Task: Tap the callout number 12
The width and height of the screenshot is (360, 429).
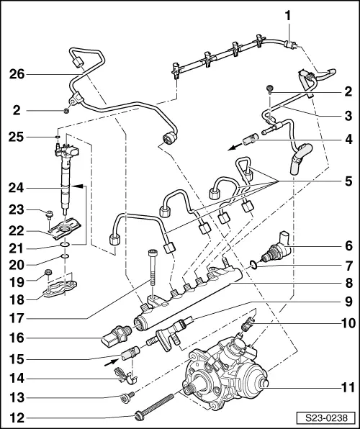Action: pyautogui.click(x=17, y=415)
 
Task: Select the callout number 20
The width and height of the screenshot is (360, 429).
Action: pyautogui.click(x=18, y=263)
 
